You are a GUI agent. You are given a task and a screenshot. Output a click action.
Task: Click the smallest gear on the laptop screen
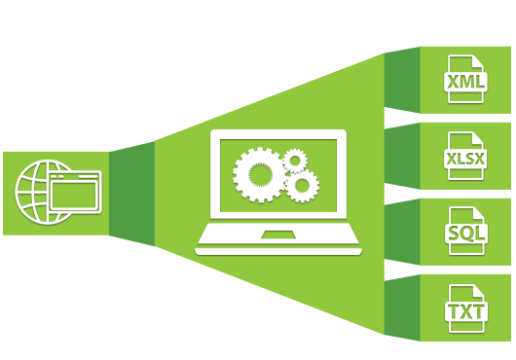point(293,160)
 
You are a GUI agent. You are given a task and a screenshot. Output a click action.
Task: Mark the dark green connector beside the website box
point(131,193)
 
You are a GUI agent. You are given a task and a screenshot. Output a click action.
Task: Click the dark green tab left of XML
point(401,79)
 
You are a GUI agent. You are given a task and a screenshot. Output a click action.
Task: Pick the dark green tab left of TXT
point(401,309)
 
